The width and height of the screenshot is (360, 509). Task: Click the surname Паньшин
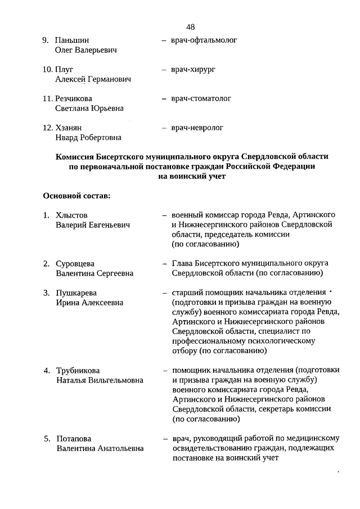coord(72,40)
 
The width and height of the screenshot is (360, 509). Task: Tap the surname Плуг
coord(64,70)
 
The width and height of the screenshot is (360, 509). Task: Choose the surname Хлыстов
coord(72,215)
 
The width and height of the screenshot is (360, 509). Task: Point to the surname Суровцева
coord(75,263)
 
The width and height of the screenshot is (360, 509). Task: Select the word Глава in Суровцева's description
coord(183,263)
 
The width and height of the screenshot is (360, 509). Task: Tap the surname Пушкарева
coord(76,292)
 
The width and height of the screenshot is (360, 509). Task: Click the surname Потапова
coord(74,439)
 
